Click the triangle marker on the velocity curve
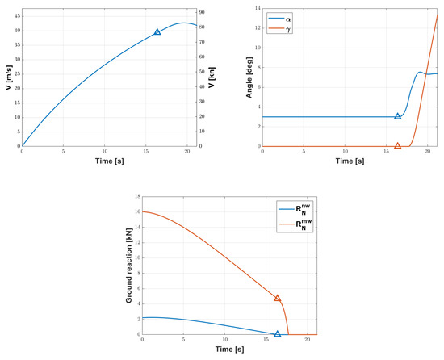(157, 31)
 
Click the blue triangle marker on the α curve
(397, 116)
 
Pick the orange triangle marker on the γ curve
(397, 146)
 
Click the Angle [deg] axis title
(236, 77)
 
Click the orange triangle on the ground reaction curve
(278, 298)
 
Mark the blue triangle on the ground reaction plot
(278, 333)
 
